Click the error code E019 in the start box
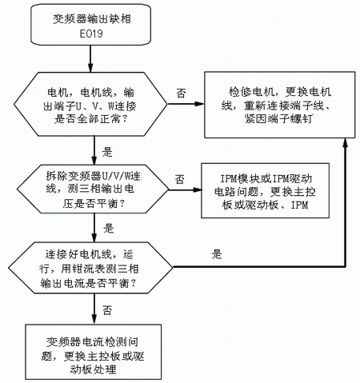point(91,34)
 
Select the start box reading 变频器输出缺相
point(91,25)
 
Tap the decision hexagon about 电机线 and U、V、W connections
point(90,104)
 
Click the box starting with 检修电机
point(280,105)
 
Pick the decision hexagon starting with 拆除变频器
point(93,189)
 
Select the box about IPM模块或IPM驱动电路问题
point(265,191)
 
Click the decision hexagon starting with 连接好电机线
point(90,268)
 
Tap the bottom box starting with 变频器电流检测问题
point(94,352)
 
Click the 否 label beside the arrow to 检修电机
point(181,94)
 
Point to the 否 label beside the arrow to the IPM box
point(180,179)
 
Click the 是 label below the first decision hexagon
point(107,152)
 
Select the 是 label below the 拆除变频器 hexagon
point(108,229)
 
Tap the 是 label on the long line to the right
point(217,254)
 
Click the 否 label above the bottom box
point(107,310)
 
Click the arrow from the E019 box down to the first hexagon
point(90,58)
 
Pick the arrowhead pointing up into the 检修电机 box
point(346,142)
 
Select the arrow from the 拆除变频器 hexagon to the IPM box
point(185,190)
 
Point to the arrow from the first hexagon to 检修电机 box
point(186,104)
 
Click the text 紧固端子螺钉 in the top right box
point(278,119)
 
